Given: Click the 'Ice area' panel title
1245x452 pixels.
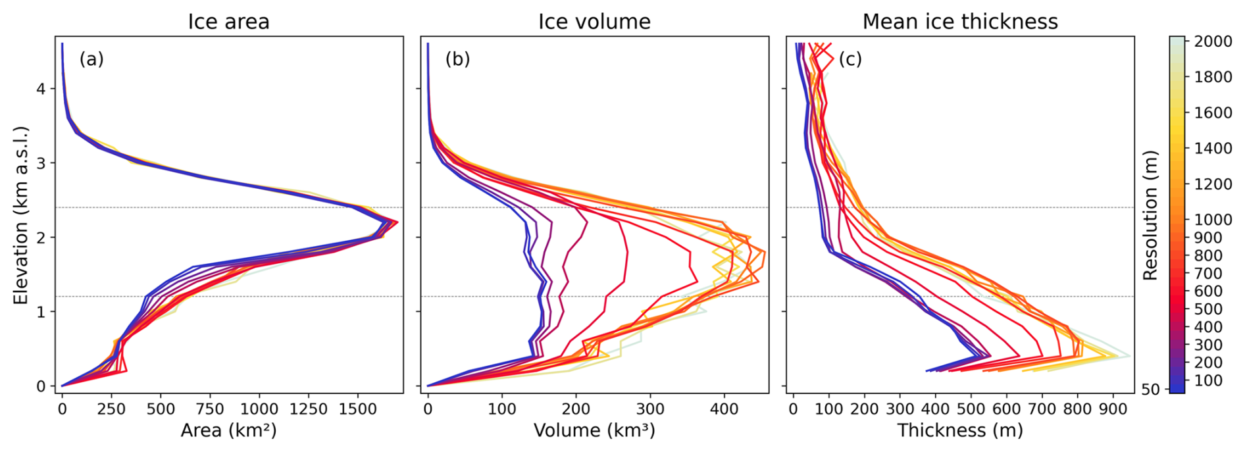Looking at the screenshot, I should pos(228,22).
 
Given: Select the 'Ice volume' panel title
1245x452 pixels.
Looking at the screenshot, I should pos(594,22).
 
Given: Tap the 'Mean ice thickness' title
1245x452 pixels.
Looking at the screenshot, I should pos(960,22).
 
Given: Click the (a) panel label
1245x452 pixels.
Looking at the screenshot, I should pos(91,59).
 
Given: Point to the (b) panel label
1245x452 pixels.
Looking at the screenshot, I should pos(457,59).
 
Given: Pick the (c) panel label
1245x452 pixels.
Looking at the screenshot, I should pos(850,59).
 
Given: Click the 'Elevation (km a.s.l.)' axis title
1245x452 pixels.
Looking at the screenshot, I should pos(21,215).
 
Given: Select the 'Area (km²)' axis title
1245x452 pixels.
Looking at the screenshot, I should pos(228,431).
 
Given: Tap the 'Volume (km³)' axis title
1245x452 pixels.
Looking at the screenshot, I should pos(594,431).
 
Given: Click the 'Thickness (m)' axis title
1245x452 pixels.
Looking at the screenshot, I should pos(960,431).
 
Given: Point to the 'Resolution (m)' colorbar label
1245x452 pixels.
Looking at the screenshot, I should pos(1150,215).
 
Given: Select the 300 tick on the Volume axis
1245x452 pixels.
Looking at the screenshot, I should pos(650,409).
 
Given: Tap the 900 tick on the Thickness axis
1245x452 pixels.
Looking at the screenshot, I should pos(1113,409).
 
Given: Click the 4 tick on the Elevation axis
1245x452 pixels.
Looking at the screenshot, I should pos(41,88).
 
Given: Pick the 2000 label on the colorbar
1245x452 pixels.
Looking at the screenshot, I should pos(1213,41).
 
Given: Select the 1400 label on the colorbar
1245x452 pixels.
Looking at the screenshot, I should pos(1213,148).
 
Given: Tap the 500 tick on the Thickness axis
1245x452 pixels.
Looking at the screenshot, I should pos(971,409).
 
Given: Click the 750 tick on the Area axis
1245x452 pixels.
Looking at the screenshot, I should pos(210,409).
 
